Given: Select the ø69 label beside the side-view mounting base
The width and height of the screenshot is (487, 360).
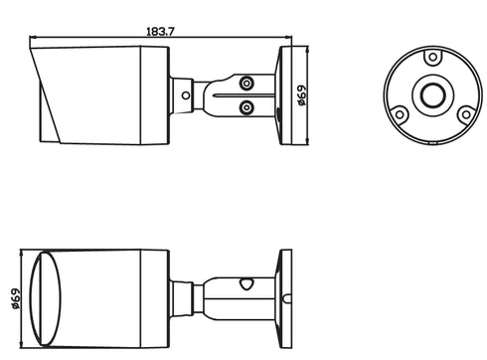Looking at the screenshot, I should tap(299, 94).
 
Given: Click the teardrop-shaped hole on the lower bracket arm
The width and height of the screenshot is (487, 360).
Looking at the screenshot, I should tap(243, 286).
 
